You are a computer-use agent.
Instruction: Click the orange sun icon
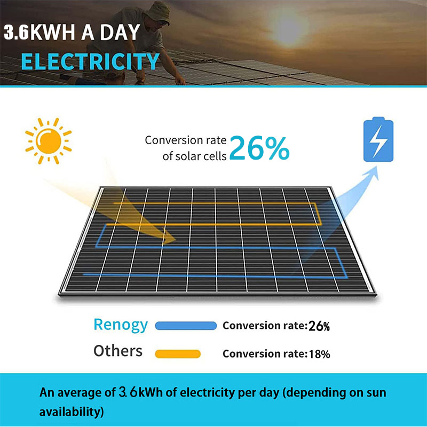pos(49,141)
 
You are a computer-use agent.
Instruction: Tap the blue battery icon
pos(378,139)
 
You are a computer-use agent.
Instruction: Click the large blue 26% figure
pos(259,148)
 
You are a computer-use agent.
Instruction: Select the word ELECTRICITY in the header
pos(90,61)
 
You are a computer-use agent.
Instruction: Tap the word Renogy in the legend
pos(121,325)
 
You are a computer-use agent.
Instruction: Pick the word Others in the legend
pos(118,351)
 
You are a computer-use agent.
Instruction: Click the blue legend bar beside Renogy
pos(186,326)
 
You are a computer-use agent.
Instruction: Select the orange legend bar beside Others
pos(178,354)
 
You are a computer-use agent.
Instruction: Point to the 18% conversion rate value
pos(319,354)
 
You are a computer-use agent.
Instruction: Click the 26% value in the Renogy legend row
pos(319,326)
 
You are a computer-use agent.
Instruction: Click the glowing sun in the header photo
pos(289,27)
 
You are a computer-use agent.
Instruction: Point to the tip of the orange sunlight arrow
pos(176,240)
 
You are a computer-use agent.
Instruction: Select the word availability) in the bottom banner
pos(72,412)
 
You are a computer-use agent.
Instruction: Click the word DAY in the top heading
pos(120,33)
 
